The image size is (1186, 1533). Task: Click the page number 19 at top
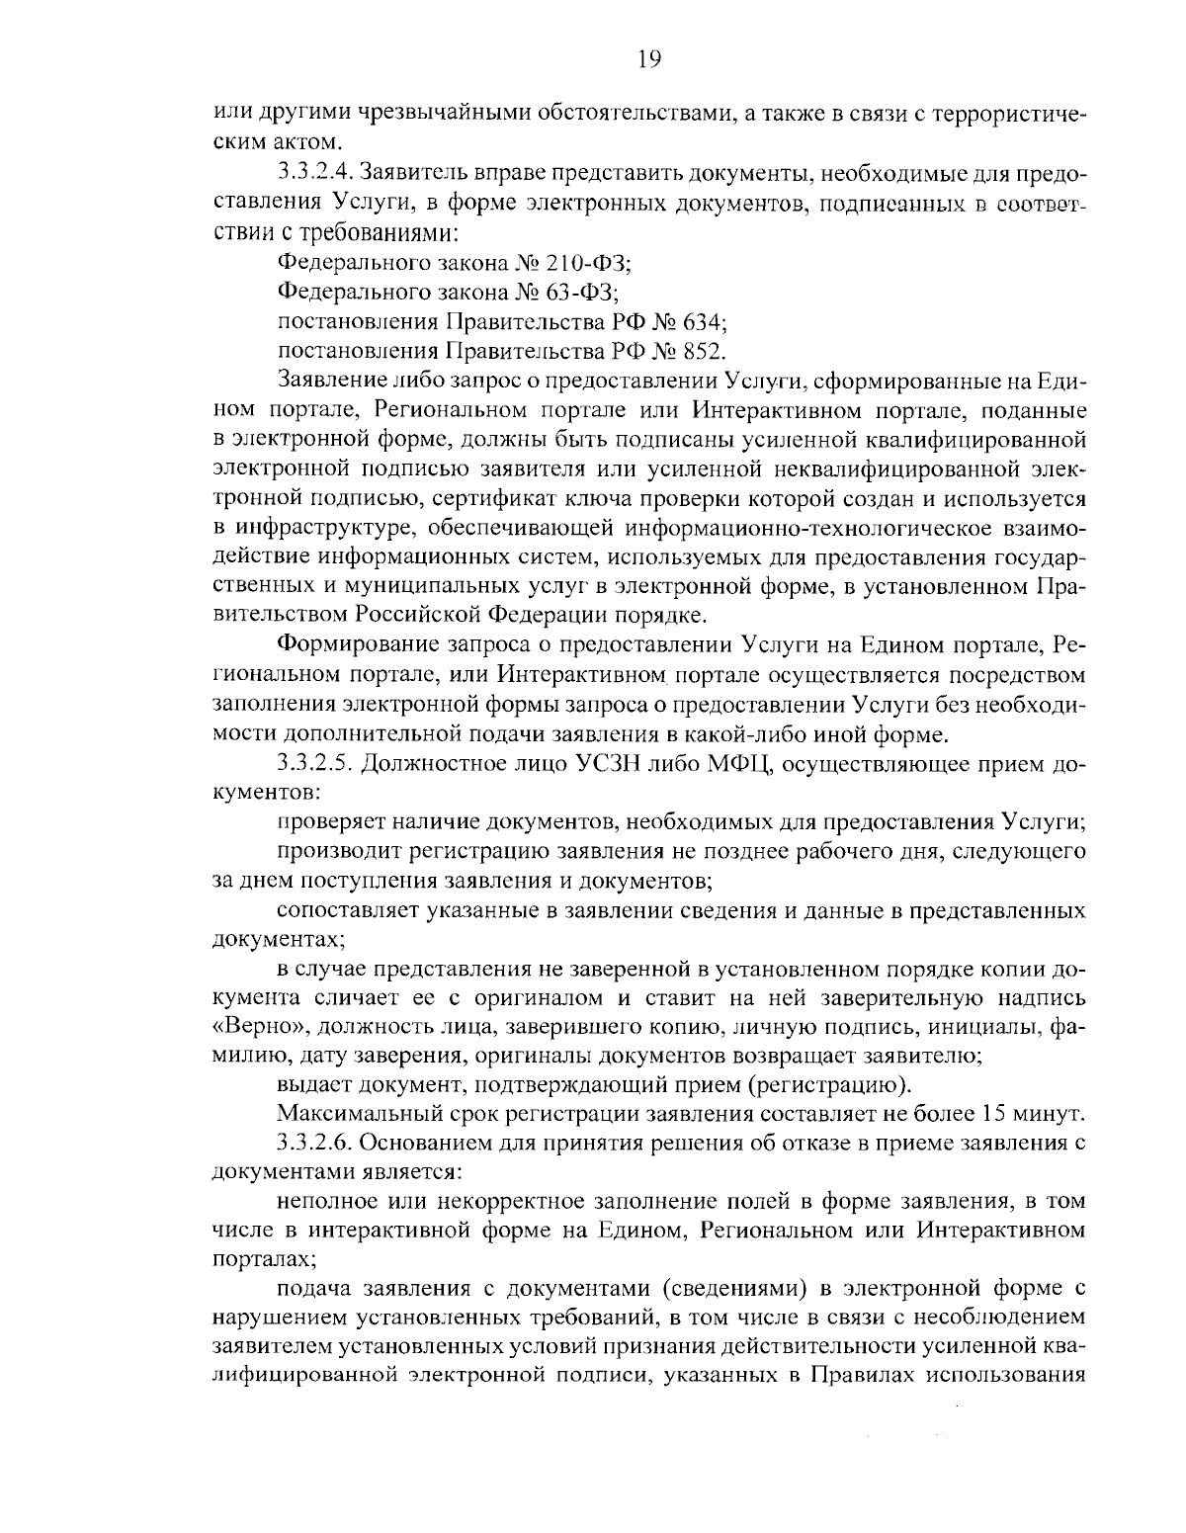click(x=648, y=59)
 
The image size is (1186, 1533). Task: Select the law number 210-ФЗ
click(x=587, y=263)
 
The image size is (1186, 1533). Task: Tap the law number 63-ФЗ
click(x=580, y=293)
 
